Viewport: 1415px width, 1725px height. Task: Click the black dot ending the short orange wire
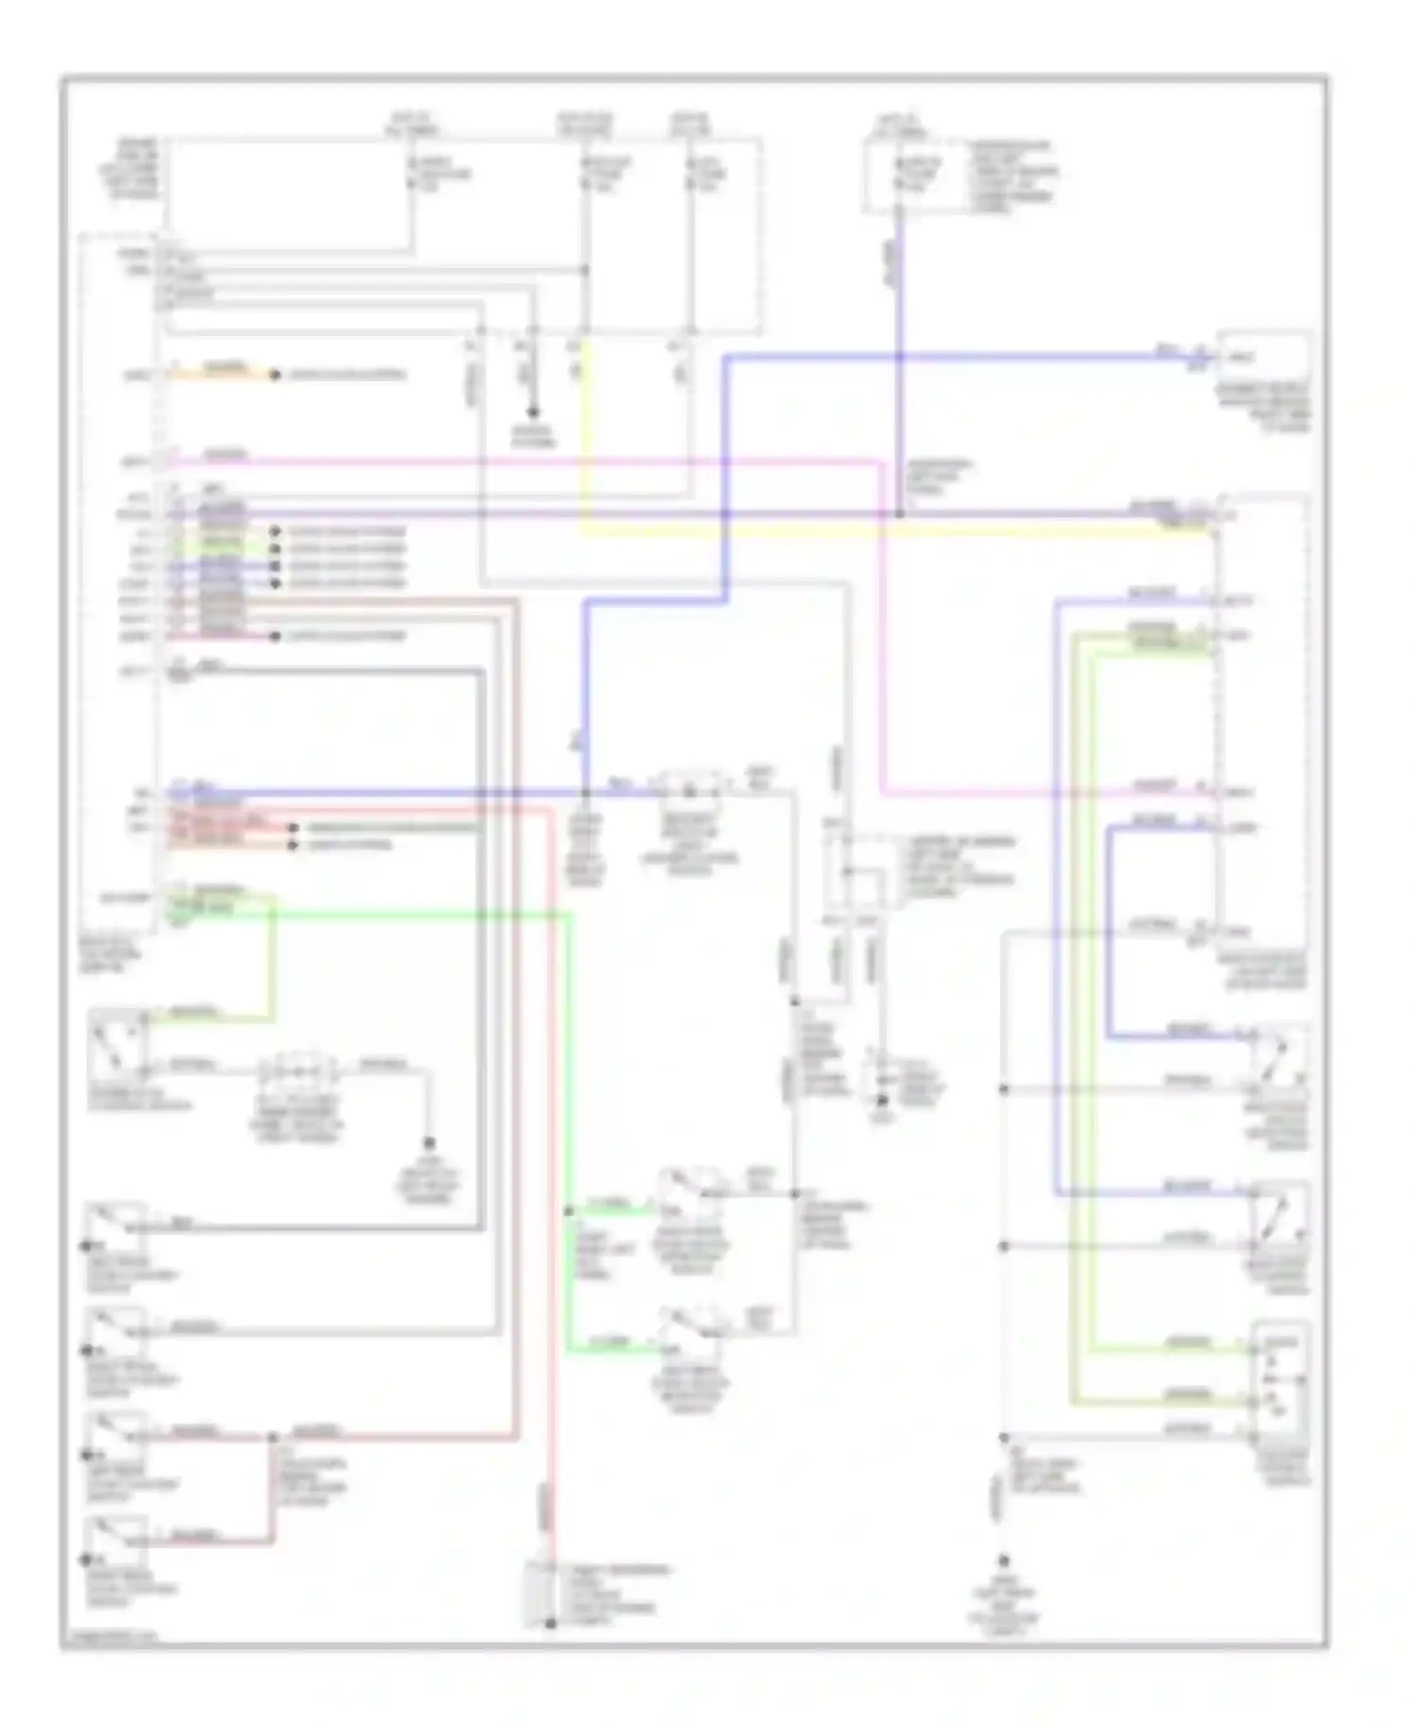tap(275, 375)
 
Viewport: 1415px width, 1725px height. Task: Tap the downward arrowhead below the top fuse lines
tap(533, 412)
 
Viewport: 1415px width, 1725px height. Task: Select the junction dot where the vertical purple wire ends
tap(899, 514)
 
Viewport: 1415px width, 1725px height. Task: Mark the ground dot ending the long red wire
tap(551, 1623)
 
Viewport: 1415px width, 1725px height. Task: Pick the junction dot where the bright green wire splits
tap(569, 1210)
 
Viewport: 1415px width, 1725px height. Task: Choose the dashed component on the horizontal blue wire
tap(694, 786)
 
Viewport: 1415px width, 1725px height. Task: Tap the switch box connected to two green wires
tap(1279, 1380)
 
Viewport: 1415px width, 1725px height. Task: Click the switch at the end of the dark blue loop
tap(1279, 1054)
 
